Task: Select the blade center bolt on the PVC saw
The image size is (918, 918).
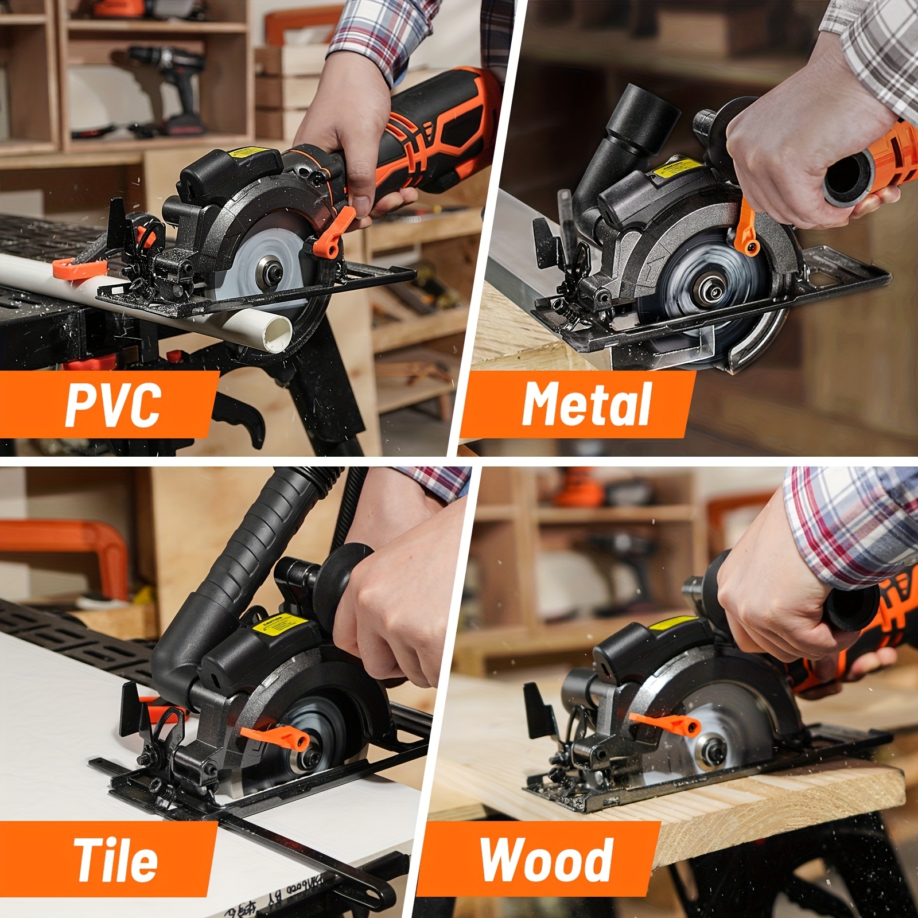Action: (x=267, y=267)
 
